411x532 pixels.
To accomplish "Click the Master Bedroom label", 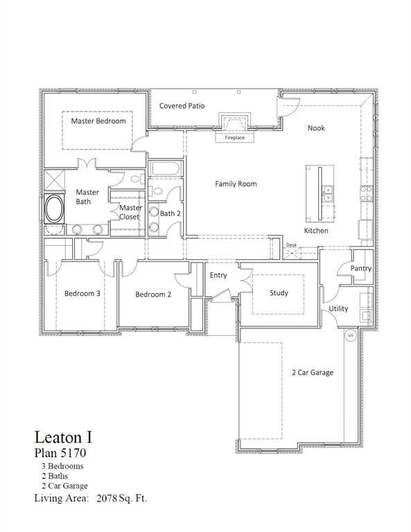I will [98, 121].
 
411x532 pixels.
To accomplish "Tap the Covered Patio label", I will [181, 106].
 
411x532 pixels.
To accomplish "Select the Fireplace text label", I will [234, 138].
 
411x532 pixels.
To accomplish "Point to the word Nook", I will [316, 128].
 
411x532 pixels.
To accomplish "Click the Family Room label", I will [236, 184].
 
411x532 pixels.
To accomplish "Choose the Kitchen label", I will [316, 231].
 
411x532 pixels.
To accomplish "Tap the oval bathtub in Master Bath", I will [54, 209].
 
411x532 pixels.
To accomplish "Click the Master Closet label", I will [130, 212].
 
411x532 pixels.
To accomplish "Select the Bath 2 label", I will [170, 214].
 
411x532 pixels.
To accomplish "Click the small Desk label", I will [291, 245].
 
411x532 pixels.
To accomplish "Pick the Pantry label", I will [360, 269].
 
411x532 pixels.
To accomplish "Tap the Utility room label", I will [338, 309].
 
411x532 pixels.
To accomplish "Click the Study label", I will [279, 293].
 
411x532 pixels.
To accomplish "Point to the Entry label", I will [218, 276].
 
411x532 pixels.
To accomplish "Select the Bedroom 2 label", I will [152, 294].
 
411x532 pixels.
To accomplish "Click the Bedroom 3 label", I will [82, 294].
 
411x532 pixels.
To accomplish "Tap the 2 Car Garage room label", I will [312, 373].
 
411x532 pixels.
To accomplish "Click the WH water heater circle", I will [351, 336].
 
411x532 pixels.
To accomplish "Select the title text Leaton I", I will [63, 438].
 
